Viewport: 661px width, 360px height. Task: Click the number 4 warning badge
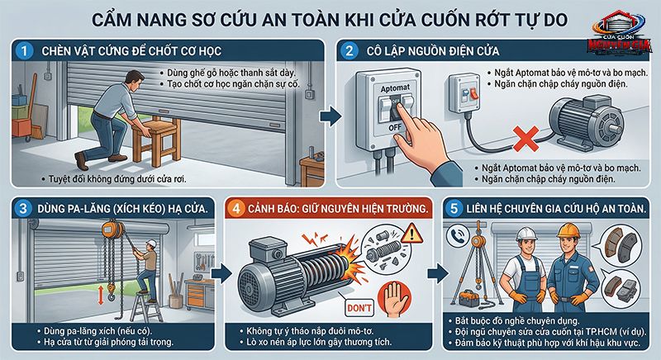[240, 207]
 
